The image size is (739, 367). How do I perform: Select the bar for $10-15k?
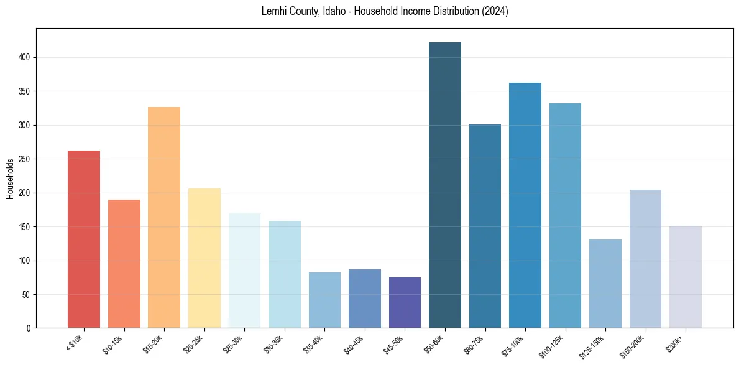pyautogui.click(x=124, y=264)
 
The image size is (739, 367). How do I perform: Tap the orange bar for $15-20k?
pyautogui.click(x=164, y=218)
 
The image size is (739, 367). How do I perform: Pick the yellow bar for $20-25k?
pyautogui.click(x=204, y=258)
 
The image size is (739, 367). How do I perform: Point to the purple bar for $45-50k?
pyautogui.click(x=405, y=303)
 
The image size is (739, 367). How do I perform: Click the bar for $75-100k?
pyautogui.click(x=525, y=205)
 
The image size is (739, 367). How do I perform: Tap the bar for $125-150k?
pyautogui.click(x=605, y=284)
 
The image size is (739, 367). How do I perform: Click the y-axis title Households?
pyautogui.click(x=11, y=178)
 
